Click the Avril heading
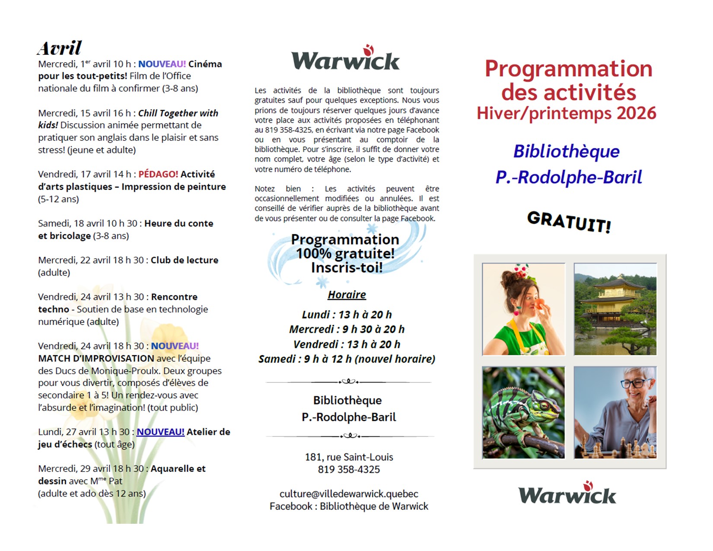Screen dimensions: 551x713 [x=59, y=48]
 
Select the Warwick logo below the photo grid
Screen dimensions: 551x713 [x=567, y=494]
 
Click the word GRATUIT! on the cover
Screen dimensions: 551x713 [x=569, y=222]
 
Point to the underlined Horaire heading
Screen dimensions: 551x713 [x=347, y=295]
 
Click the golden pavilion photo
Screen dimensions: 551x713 [x=615, y=309]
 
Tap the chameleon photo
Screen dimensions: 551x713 [x=523, y=412]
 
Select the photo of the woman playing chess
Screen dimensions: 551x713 [x=615, y=412]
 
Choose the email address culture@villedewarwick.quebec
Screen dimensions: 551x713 [x=349, y=494]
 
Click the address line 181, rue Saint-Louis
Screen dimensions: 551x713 [x=349, y=457]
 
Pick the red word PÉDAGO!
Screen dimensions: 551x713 [x=158, y=174]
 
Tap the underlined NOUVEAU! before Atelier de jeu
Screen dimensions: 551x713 [x=160, y=432]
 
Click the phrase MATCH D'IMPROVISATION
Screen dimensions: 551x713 [x=96, y=358]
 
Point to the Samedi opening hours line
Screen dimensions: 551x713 [x=347, y=359]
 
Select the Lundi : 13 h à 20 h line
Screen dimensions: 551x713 [x=347, y=315]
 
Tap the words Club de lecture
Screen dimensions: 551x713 [x=184, y=260]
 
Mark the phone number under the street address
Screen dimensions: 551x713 [x=349, y=469]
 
